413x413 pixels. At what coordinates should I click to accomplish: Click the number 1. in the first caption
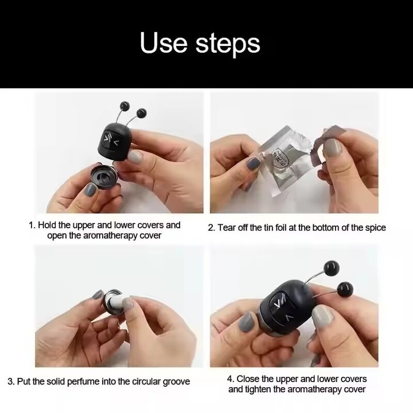pos(31,225)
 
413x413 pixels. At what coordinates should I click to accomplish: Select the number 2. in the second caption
pos(211,228)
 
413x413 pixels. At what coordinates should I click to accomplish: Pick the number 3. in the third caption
pos(11,382)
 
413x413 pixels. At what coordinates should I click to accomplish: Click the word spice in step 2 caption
pos(374,228)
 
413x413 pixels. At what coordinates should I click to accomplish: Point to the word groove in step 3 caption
pos(176,382)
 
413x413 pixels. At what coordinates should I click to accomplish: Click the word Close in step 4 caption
pos(248,379)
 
